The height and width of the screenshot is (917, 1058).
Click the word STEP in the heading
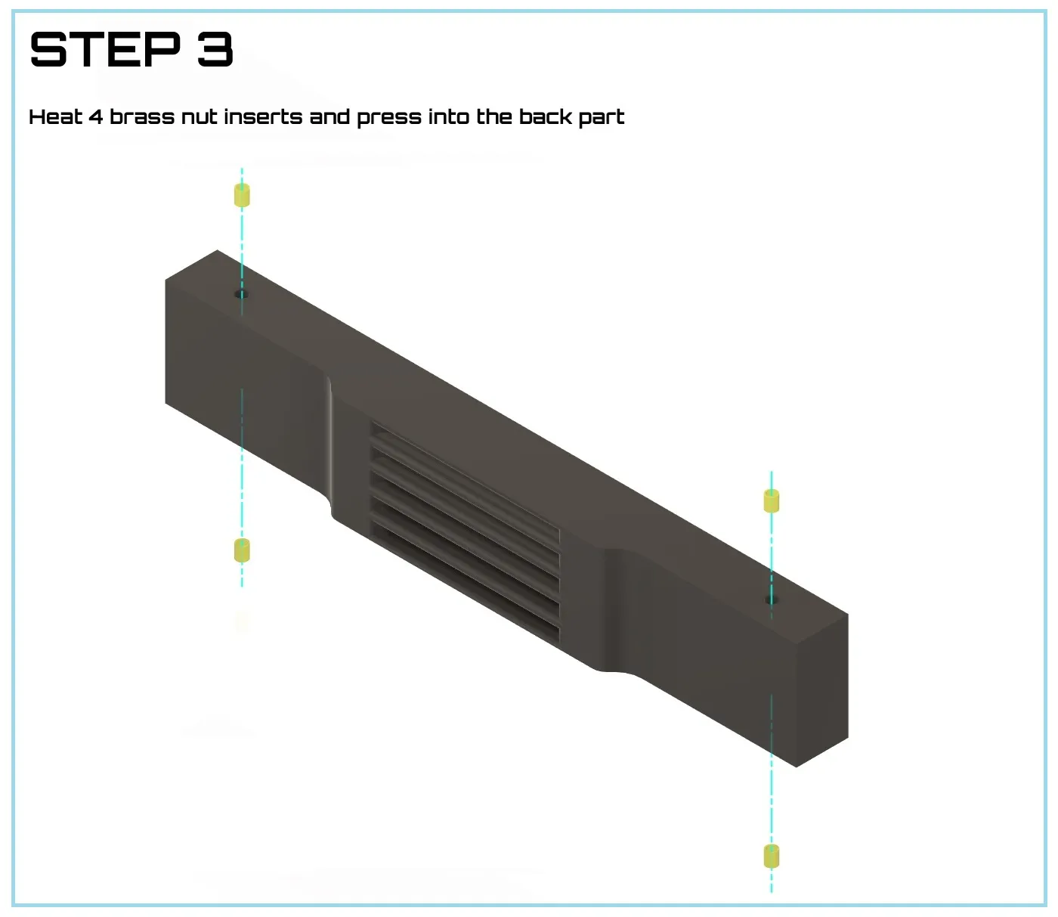[106, 49]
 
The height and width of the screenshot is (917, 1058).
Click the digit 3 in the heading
[215, 49]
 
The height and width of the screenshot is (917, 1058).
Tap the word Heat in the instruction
[55, 116]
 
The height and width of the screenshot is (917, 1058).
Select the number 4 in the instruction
[96, 117]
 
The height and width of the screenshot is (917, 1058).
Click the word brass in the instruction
[142, 116]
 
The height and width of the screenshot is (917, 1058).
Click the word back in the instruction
[545, 116]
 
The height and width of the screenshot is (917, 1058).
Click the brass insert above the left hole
[242, 195]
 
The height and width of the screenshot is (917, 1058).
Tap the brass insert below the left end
[242, 550]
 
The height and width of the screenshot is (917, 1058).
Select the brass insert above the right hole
[772, 500]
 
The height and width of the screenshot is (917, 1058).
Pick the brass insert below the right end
[772, 856]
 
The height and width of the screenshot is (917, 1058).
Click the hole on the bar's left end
[242, 294]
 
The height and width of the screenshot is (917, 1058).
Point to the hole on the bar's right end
[772, 599]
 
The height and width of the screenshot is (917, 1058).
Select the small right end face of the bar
[822, 690]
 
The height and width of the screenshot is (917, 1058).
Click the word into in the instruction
[448, 116]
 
